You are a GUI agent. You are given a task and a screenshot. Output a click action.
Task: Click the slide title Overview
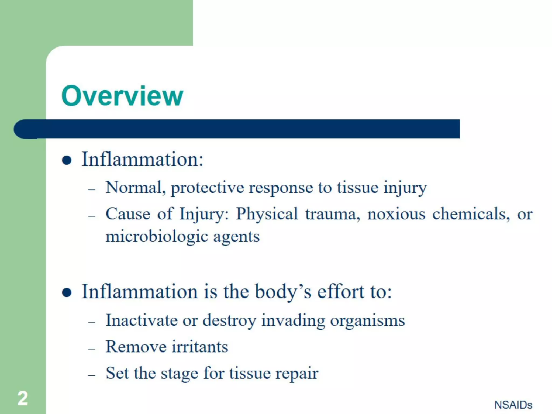(x=122, y=96)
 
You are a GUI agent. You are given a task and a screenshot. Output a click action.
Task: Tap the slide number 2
(x=23, y=398)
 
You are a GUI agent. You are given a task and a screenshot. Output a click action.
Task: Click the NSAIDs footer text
(x=513, y=405)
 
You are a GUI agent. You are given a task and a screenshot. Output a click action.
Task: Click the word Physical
(x=267, y=214)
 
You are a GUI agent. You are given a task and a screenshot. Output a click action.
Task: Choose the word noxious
(x=396, y=215)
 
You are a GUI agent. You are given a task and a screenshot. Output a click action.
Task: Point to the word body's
(x=283, y=292)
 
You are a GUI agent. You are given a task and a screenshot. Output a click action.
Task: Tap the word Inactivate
(x=141, y=320)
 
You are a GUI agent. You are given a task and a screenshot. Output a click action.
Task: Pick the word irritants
(x=200, y=347)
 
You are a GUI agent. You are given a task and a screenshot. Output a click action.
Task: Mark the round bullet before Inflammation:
(x=67, y=160)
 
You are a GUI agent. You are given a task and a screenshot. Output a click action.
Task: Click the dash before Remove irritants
(x=92, y=349)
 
